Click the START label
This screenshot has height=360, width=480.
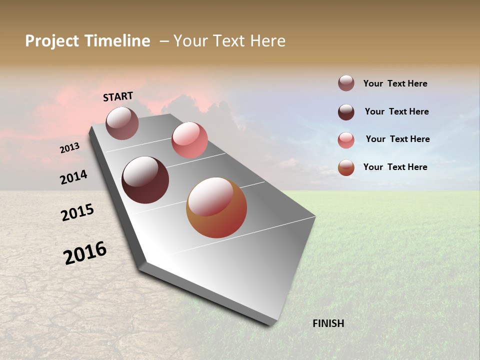pos(118,96)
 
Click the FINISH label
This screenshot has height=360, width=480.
pos(328,323)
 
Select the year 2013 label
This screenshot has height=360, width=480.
pos(70,148)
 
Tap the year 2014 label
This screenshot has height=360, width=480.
pos(74,177)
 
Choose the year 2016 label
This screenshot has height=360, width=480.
pos(85,253)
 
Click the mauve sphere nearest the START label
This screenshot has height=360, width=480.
pos(122,123)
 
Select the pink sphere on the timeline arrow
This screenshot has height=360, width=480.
pos(189,140)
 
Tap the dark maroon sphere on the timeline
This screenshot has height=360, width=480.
pos(145,180)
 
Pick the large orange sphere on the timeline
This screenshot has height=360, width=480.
pos(216,207)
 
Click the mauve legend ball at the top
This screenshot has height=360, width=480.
pos(346,83)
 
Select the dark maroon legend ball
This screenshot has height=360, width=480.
pos(346,112)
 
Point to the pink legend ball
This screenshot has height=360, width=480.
pos(346,140)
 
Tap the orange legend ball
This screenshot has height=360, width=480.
pos(346,167)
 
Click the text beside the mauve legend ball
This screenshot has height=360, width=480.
pos(395,83)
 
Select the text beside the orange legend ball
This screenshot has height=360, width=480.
pos(395,167)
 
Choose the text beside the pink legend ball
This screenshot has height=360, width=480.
pos(397,139)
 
